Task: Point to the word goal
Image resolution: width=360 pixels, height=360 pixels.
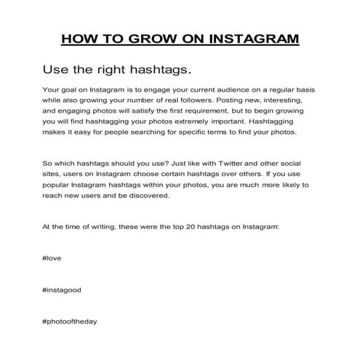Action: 73,89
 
